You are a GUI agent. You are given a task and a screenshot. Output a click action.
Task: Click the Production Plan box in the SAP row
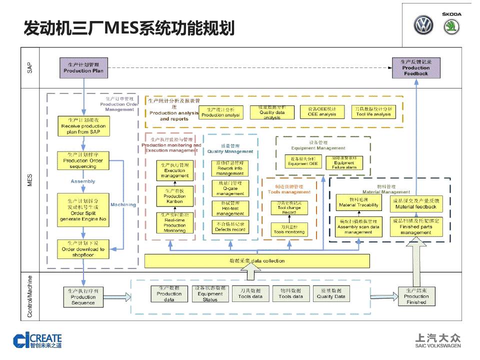tap(83, 67)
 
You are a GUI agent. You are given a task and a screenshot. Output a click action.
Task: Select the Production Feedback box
tap(416, 67)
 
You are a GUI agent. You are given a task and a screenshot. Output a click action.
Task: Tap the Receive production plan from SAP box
tap(83, 126)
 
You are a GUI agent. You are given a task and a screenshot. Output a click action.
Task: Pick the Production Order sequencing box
tap(83, 160)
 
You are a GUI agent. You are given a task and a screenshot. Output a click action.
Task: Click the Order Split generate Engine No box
tap(83, 210)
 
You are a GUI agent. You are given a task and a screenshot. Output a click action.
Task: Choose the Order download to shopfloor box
tap(83, 249)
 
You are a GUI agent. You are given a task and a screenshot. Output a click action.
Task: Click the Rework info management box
tap(229, 168)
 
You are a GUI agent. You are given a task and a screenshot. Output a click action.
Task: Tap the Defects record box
tap(229, 227)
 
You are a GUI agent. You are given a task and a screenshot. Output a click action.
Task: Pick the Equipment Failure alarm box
tap(344, 162)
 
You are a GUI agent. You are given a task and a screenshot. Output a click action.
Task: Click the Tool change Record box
tap(289, 208)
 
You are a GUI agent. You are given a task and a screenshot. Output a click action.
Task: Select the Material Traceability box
tap(358, 202)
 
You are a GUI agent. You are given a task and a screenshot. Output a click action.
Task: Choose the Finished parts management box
tap(415, 226)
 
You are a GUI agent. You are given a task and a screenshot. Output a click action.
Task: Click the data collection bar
tap(257, 260)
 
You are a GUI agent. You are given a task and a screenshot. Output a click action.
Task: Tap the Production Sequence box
tap(83, 297)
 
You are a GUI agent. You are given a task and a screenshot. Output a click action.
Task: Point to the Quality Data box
tap(330, 294)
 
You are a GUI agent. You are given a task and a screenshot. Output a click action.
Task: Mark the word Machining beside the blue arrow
tap(123, 204)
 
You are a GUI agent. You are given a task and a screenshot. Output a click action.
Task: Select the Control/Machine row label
tap(30, 296)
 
